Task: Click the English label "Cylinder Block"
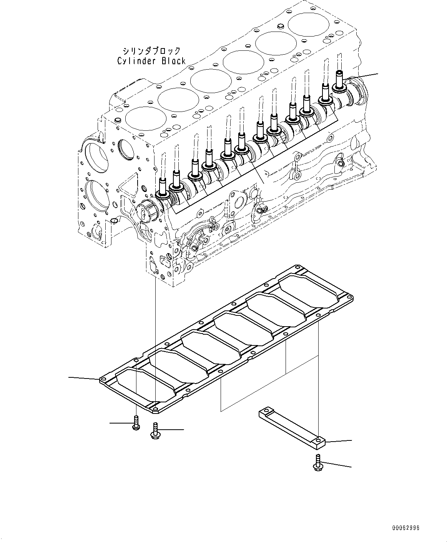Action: [x=151, y=61]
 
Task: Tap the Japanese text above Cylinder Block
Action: [x=151, y=51]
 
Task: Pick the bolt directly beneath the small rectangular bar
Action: [x=317, y=463]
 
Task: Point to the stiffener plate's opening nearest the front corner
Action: [x=144, y=384]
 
